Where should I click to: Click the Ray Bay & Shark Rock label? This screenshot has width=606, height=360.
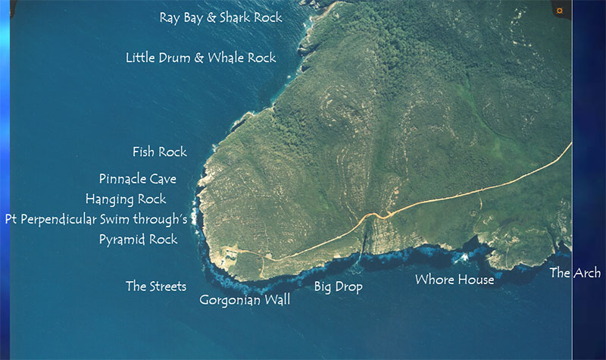point(220,17)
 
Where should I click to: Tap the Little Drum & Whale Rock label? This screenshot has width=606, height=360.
point(201,57)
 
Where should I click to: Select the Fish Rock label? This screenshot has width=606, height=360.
point(159,152)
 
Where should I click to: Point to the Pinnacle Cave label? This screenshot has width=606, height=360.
point(137,179)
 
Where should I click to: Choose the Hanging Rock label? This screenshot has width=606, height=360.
point(126,199)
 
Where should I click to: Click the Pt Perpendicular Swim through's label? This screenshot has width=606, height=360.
point(101,219)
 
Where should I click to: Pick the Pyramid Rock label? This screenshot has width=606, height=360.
point(138,239)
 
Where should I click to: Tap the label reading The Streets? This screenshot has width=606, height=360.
point(155,286)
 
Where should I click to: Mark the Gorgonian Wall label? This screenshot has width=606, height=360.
point(245,300)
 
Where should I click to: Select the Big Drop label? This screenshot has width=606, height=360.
point(338,286)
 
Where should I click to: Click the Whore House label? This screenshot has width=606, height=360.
point(454,280)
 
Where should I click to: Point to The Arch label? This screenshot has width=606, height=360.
point(575,273)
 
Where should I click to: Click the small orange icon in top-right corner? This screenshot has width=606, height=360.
point(559,11)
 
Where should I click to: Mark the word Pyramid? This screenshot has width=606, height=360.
point(125,239)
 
